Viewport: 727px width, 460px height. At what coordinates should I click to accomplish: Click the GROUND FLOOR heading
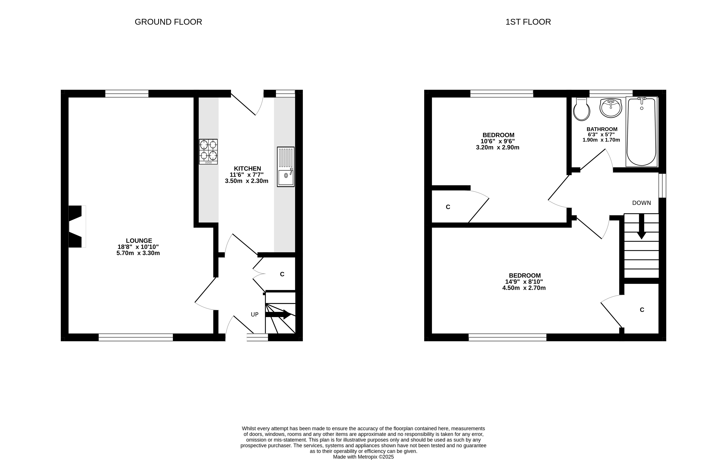[168, 22]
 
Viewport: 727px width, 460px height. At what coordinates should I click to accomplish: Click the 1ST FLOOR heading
[528, 22]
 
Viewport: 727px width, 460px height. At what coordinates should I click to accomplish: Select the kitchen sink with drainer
[286, 167]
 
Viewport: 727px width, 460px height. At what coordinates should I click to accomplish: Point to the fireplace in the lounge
[77, 226]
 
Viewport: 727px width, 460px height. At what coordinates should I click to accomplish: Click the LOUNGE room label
[139, 240]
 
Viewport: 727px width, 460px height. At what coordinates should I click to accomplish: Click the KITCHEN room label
[247, 168]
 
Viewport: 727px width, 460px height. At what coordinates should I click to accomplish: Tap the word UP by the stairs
[255, 314]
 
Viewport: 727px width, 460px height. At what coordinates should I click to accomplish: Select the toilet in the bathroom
[581, 109]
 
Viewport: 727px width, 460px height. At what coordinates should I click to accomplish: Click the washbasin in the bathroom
[611, 108]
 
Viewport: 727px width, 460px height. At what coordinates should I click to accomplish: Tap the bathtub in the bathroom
[642, 132]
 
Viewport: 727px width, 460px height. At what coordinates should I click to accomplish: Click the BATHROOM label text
[602, 129]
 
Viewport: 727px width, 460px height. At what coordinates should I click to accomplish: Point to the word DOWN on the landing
[642, 203]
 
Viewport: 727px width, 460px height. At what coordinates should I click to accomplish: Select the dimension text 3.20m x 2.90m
[498, 148]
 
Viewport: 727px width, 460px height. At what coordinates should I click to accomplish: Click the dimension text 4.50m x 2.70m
[524, 288]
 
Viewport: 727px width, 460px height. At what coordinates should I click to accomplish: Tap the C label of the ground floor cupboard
[282, 274]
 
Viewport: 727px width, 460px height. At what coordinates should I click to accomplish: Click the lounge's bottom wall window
[136, 337]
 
